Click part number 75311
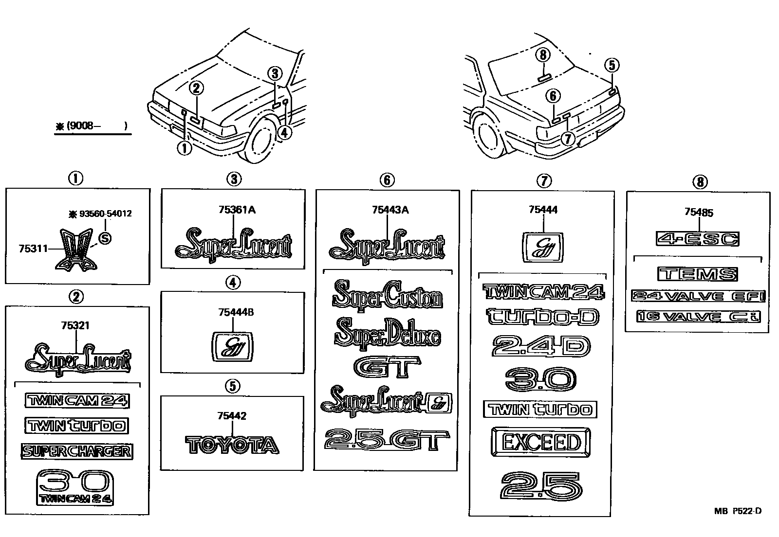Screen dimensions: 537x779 pos(33,249)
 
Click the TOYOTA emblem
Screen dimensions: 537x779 pos(232,445)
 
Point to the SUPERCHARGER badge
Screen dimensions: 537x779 pos(77,451)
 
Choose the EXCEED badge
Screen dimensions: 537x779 pos(541,443)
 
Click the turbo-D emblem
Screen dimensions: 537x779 pos(543,317)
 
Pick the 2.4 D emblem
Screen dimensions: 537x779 pos(541,347)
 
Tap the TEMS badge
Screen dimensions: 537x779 pos(697,274)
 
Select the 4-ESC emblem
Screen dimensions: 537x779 pos(697,239)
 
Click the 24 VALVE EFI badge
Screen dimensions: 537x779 pos(698,296)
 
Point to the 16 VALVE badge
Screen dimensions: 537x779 pos(698,317)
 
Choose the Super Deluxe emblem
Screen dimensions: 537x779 pos(388,333)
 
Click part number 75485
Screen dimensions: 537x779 pos(699,212)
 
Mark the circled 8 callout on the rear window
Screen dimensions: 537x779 pos(544,55)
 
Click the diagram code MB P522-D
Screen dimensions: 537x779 pos(737,511)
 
